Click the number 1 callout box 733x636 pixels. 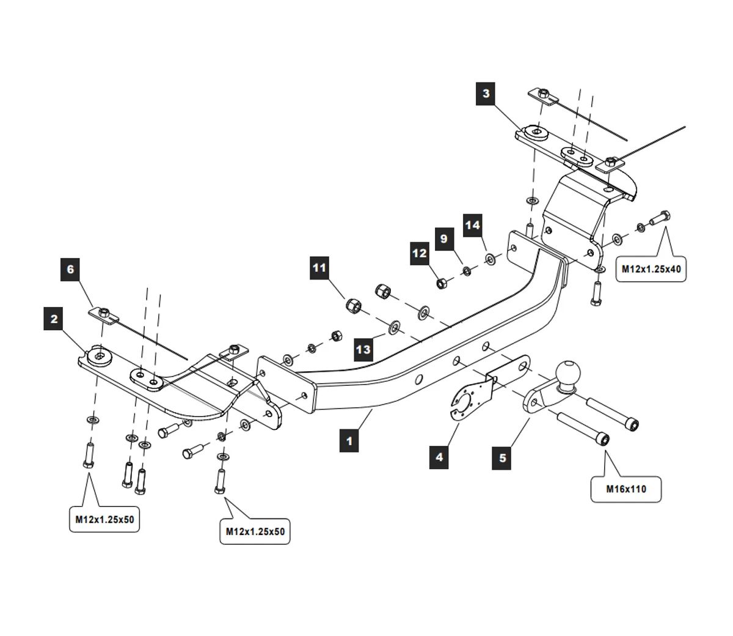coord(349,440)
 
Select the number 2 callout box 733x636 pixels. coord(54,319)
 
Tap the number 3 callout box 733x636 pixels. coord(486,94)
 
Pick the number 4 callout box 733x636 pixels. coord(439,456)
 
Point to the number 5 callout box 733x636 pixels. coord(502,457)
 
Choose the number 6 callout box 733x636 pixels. coord(70,269)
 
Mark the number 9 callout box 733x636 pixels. coord(444,239)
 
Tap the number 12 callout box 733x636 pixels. coord(420,253)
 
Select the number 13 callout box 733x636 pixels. coord(363,349)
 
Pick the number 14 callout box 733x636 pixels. coord(473,225)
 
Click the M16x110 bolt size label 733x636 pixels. coord(626,489)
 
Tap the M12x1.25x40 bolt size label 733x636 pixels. coord(651,268)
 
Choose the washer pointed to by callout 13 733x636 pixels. coord(394,326)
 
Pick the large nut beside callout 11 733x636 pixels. coord(353,304)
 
